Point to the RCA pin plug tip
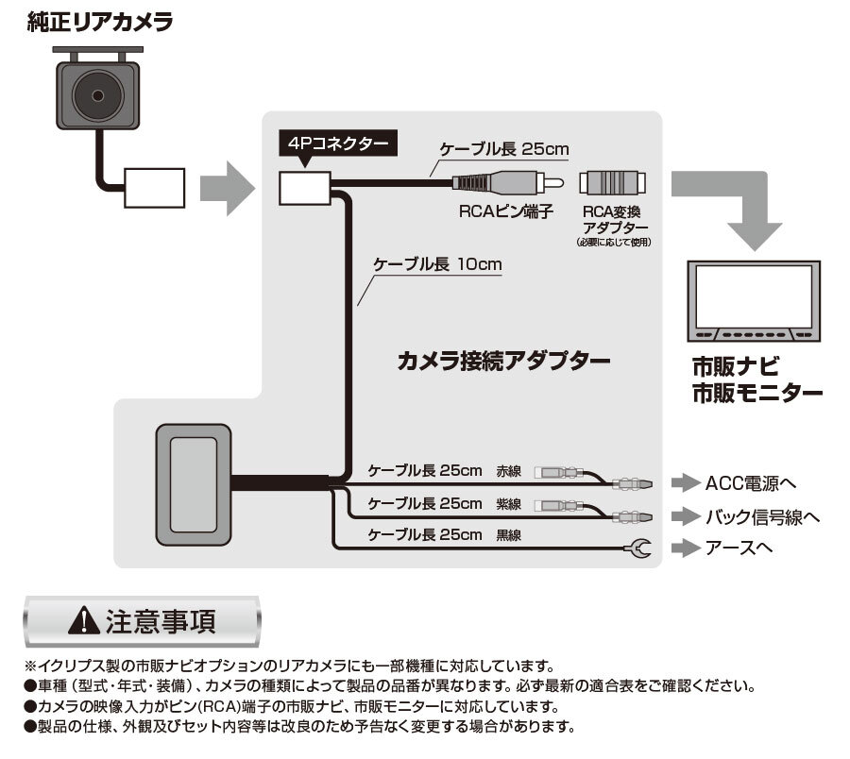pos(557,183)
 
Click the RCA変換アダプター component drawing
pos(614,183)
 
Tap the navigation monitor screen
pos(753,294)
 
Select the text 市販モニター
pos(756,394)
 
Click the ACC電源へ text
pos(751,483)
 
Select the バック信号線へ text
pos(762,515)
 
